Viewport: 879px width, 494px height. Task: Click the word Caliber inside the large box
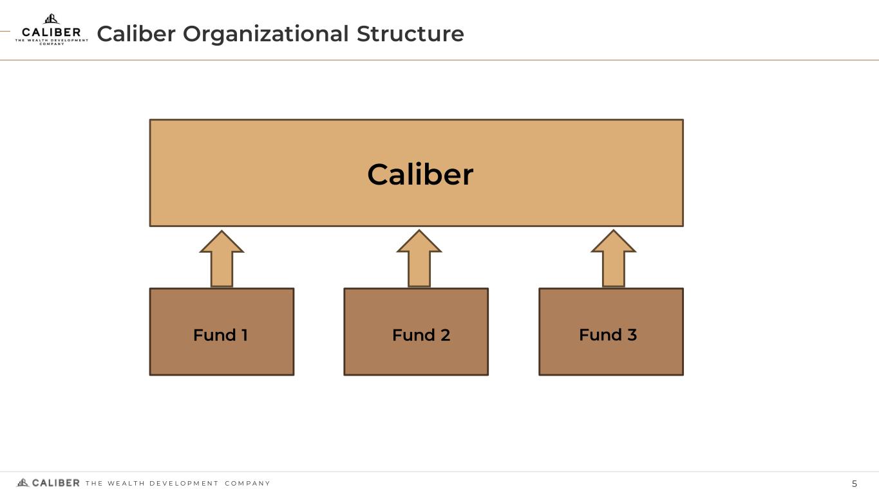[x=421, y=174]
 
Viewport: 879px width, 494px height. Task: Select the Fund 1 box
[x=222, y=332]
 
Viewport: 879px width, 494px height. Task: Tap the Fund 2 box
[x=417, y=332]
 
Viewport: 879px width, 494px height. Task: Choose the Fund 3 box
[x=611, y=332]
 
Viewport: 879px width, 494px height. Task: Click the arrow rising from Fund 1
[x=222, y=259]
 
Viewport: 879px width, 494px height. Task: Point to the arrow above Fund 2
[x=419, y=259]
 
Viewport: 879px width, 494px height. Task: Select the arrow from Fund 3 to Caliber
[x=613, y=259]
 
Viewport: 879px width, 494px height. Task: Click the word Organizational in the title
[x=266, y=34]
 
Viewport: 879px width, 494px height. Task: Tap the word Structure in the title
[x=410, y=33]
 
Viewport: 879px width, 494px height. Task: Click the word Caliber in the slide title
[x=136, y=33]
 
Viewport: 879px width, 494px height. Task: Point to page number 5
[x=855, y=484]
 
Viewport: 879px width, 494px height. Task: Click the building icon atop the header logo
[x=52, y=19]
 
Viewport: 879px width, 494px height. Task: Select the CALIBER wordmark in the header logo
[x=52, y=32]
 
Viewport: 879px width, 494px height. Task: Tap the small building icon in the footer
[x=23, y=482]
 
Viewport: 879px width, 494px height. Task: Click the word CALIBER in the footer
[x=56, y=483]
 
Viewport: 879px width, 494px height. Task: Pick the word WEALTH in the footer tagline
[x=126, y=484]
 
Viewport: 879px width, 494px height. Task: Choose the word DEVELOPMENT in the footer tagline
[x=184, y=484]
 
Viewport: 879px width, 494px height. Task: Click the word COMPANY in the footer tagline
[x=248, y=484]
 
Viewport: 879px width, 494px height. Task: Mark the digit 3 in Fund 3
[x=632, y=335]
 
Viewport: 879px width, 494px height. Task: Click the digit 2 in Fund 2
[x=445, y=335]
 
